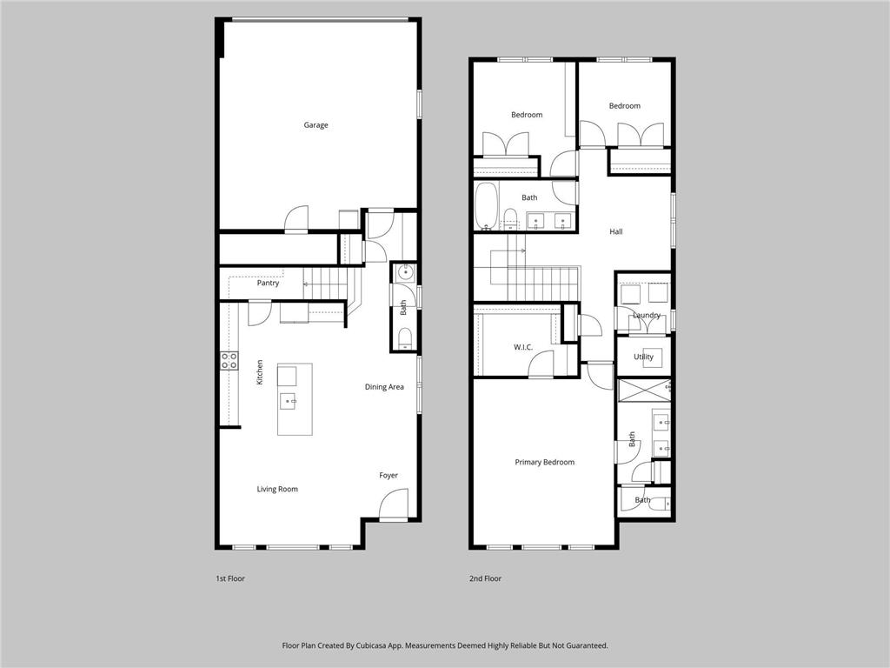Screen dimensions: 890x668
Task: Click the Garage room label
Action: pyautogui.click(x=315, y=125)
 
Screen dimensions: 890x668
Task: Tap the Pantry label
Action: pyautogui.click(x=268, y=283)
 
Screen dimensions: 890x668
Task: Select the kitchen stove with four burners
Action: pyautogui.click(x=229, y=361)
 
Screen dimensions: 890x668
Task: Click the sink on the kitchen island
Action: pyautogui.click(x=289, y=401)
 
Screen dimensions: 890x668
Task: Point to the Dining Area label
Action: pyautogui.click(x=384, y=387)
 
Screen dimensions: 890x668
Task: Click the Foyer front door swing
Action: pyautogui.click(x=393, y=505)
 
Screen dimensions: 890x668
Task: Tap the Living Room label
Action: pyautogui.click(x=277, y=489)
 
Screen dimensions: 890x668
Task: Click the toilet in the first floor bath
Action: pyautogui.click(x=405, y=338)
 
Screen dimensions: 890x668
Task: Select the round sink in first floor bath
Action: pyautogui.click(x=405, y=272)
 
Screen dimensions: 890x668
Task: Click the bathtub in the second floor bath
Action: pyautogui.click(x=487, y=205)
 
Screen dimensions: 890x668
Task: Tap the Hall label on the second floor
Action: pyautogui.click(x=616, y=231)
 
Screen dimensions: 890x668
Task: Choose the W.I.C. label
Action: pyautogui.click(x=522, y=347)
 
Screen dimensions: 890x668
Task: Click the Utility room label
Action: pyautogui.click(x=643, y=357)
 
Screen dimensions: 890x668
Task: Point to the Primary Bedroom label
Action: pyautogui.click(x=544, y=463)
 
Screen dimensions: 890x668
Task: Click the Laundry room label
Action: pyautogui.click(x=647, y=315)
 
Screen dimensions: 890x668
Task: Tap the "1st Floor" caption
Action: pyautogui.click(x=229, y=578)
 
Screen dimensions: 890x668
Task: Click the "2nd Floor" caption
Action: pyautogui.click(x=485, y=578)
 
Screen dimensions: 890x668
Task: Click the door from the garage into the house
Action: pyautogui.click(x=296, y=219)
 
